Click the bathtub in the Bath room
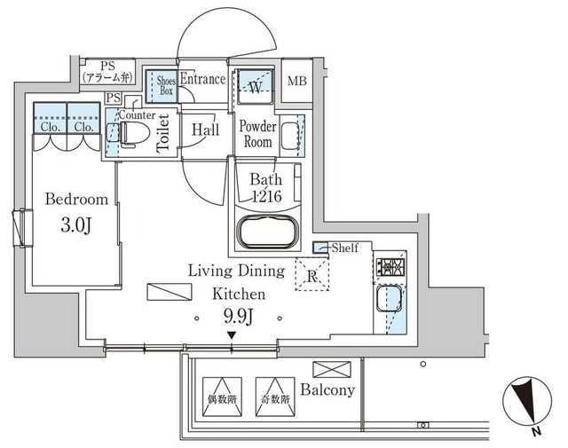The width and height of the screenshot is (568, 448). click(x=268, y=232)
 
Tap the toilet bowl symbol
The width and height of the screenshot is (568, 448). click(x=134, y=133)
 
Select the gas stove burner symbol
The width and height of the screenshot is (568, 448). click(x=390, y=267)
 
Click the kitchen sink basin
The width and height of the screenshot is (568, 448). click(x=389, y=298)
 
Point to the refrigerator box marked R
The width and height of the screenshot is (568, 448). click(x=312, y=274)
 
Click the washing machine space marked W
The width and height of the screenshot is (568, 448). click(x=256, y=86)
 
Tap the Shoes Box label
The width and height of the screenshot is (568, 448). click(x=166, y=85)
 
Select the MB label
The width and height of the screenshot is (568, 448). click(x=297, y=81)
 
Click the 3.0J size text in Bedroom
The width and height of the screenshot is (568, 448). click(x=76, y=225)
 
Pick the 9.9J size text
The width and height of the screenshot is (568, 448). click(x=238, y=318)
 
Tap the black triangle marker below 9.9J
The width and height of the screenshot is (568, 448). click(x=232, y=335)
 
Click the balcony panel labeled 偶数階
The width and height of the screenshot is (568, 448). click(x=222, y=397)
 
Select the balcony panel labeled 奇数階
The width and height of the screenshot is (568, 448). click(x=275, y=397)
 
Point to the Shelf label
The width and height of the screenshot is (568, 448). click(x=345, y=248)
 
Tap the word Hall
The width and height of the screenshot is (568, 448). click(x=205, y=130)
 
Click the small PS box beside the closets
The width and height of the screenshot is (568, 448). click(x=114, y=98)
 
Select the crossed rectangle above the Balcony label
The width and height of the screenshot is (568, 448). click(x=332, y=369)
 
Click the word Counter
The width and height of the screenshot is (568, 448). click(x=137, y=114)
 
